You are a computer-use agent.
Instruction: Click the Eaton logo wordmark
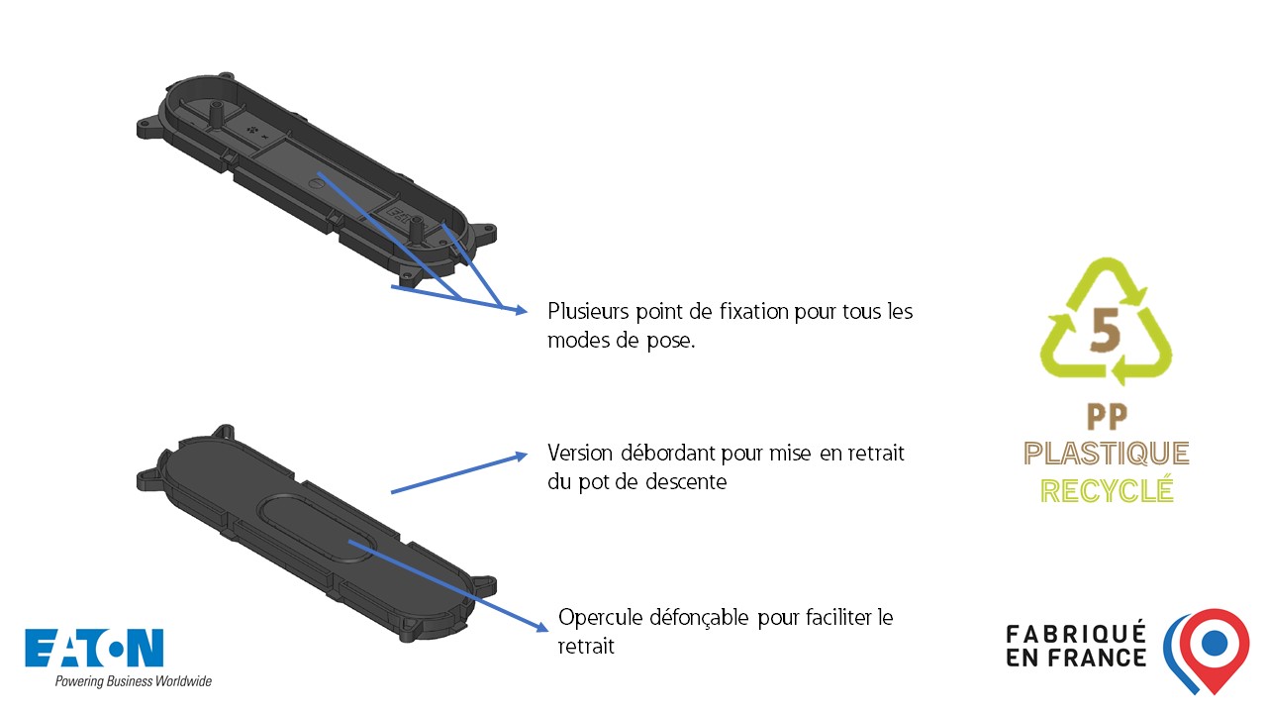click(x=94, y=648)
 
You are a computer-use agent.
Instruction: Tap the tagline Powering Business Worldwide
click(x=134, y=680)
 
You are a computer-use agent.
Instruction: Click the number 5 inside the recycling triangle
click(x=1105, y=330)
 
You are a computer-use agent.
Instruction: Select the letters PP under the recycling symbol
click(x=1107, y=417)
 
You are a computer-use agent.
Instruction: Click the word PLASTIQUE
click(x=1107, y=454)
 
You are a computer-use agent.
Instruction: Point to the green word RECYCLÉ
click(x=1107, y=490)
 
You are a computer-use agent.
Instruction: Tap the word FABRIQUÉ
click(x=1076, y=634)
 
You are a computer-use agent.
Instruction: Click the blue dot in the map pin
click(x=1214, y=643)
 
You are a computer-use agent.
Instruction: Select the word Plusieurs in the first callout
click(x=588, y=311)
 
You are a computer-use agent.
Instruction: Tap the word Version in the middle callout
click(x=580, y=453)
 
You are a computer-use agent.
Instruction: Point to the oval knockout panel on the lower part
click(x=316, y=528)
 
